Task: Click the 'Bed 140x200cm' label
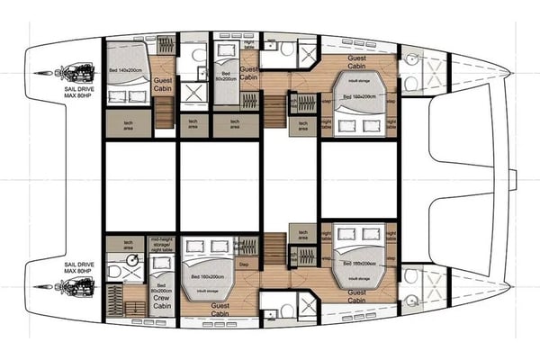[127, 68]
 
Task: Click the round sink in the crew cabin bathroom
[132, 260]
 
